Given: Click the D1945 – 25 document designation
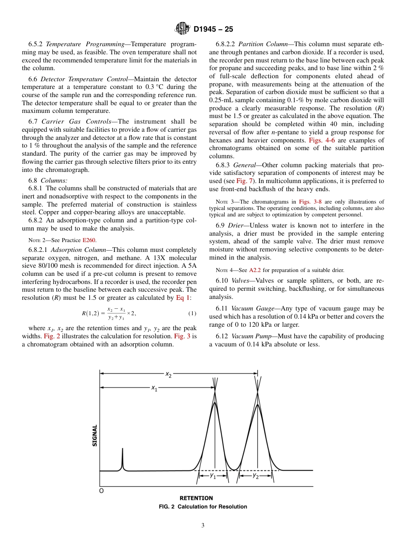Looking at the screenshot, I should (x=213, y=30).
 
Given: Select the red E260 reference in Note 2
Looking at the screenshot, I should (x=89, y=240).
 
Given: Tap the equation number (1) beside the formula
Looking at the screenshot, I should (x=192, y=313).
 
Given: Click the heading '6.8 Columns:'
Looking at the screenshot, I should (x=48, y=180).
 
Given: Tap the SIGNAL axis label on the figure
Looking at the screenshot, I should (x=95, y=435).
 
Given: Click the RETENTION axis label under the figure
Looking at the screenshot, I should (x=196, y=498).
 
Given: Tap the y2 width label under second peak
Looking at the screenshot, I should (x=255, y=476).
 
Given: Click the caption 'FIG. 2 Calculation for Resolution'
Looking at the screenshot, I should (x=203, y=506).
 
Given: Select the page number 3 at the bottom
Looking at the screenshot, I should (x=203, y=526).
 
